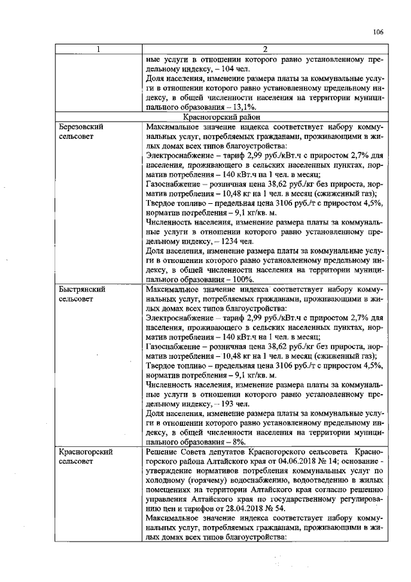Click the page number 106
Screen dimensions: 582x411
(378, 32)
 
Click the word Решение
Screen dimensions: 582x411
(163, 453)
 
